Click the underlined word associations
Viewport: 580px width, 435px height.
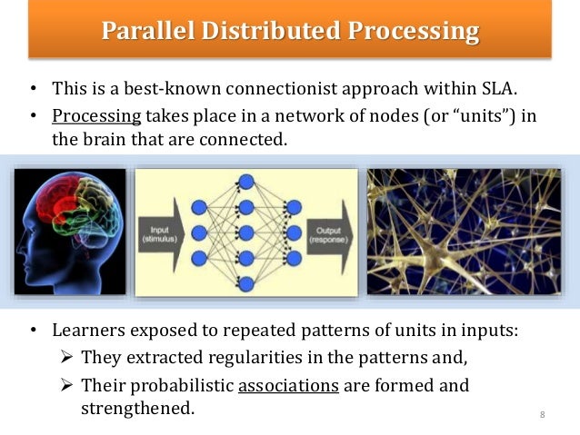288,385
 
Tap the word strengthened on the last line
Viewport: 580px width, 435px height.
137,408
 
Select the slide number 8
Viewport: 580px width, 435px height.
542,416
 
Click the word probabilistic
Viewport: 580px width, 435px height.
178,385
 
